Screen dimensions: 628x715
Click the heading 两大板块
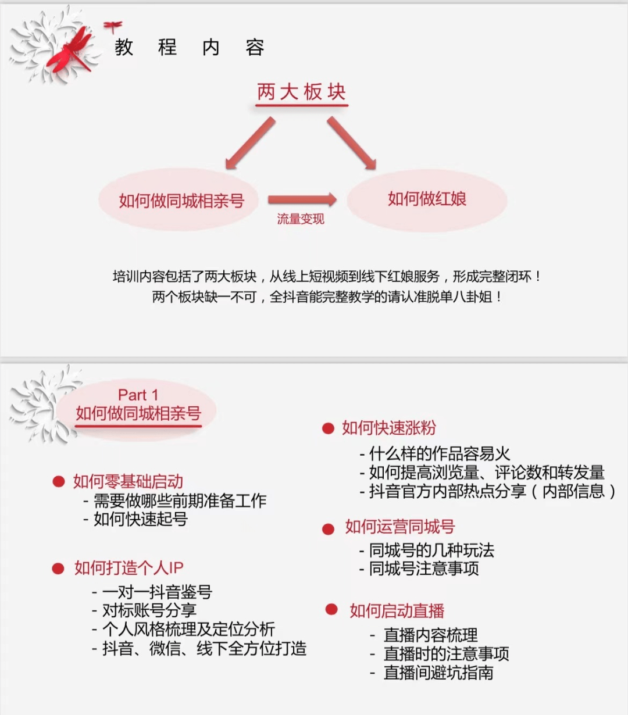[x=301, y=92]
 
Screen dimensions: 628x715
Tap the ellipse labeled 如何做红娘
[x=427, y=200]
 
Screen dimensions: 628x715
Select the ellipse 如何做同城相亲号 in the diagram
[x=179, y=199]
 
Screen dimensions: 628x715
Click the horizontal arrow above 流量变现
[x=302, y=199]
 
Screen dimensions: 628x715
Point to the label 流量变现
[x=301, y=219]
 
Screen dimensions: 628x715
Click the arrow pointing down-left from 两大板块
[x=250, y=143]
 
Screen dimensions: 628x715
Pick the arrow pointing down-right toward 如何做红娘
[x=352, y=143]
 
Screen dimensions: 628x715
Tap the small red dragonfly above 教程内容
[x=113, y=27]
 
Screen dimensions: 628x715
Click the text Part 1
[x=138, y=395]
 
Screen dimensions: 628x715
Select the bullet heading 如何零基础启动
[x=128, y=481]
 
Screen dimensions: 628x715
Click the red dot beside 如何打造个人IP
[x=58, y=569]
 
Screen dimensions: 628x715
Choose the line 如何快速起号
[x=141, y=519]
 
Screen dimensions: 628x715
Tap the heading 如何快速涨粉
[x=389, y=428]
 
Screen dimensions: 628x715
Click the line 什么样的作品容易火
[x=440, y=454]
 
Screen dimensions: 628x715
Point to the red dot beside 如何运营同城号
[x=329, y=529]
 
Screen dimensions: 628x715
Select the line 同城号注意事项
[x=424, y=569]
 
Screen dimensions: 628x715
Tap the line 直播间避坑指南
[x=438, y=673]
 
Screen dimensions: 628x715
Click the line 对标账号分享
[x=149, y=610]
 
